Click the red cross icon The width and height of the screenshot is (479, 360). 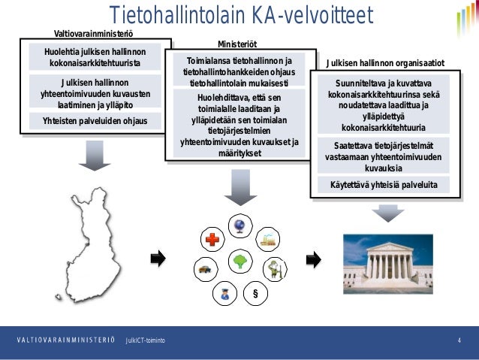click(x=212, y=240)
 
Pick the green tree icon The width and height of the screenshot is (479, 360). click(x=240, y=262)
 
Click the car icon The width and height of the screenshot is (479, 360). click(x=203, y=268)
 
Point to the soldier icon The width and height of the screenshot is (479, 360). click(x=275, y=271)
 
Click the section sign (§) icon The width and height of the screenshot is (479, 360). click(x=255, y=293)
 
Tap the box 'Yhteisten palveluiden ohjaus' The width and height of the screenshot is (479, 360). click(x=95, y=121)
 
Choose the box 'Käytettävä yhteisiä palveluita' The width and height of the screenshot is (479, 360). click(x=384, y=184)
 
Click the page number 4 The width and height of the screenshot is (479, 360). click(x=458, y=342)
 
